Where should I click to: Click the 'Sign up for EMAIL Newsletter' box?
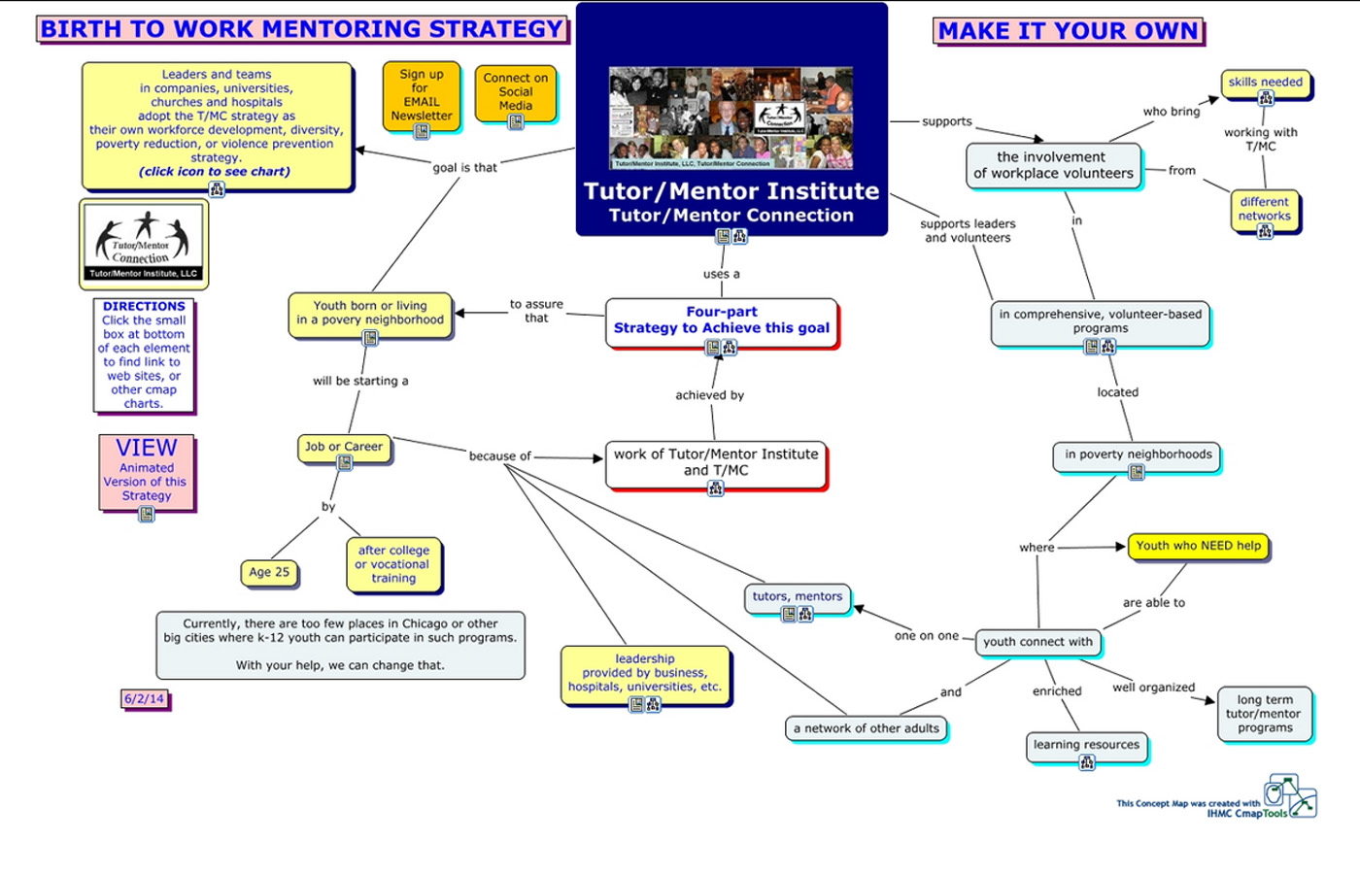(x=421, y=95)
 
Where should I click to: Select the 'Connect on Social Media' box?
(x=516, y=92)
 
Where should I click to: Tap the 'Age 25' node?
(x=269, y=572)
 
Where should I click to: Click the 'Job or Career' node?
(x=344, y=447)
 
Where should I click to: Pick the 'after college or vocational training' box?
(x=393, y=564)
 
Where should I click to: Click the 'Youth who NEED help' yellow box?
(x=1198, y=546)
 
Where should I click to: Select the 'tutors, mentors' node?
(x=798, y=597)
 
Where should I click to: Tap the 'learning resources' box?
(x=1086, y=745)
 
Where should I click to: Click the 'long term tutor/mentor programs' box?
(x=1265, y=714)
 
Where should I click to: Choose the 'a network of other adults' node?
(x=866, y=728)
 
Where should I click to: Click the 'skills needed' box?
(x=1265, y=84)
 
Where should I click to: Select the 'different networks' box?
(x=1264, y=210)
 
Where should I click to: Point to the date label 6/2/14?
(x=144, y=698)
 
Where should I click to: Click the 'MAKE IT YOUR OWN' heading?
(x=1069, y=31)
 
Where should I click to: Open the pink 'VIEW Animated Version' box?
(x=146, y=472)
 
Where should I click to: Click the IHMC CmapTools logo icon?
(x=1289, y=796)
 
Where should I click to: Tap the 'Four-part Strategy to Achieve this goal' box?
(x=721, y=321)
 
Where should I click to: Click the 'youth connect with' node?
(x=1037, y=642)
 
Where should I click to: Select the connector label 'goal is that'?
(x=464, y=167)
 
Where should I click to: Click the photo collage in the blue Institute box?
(x=731, y=118)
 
